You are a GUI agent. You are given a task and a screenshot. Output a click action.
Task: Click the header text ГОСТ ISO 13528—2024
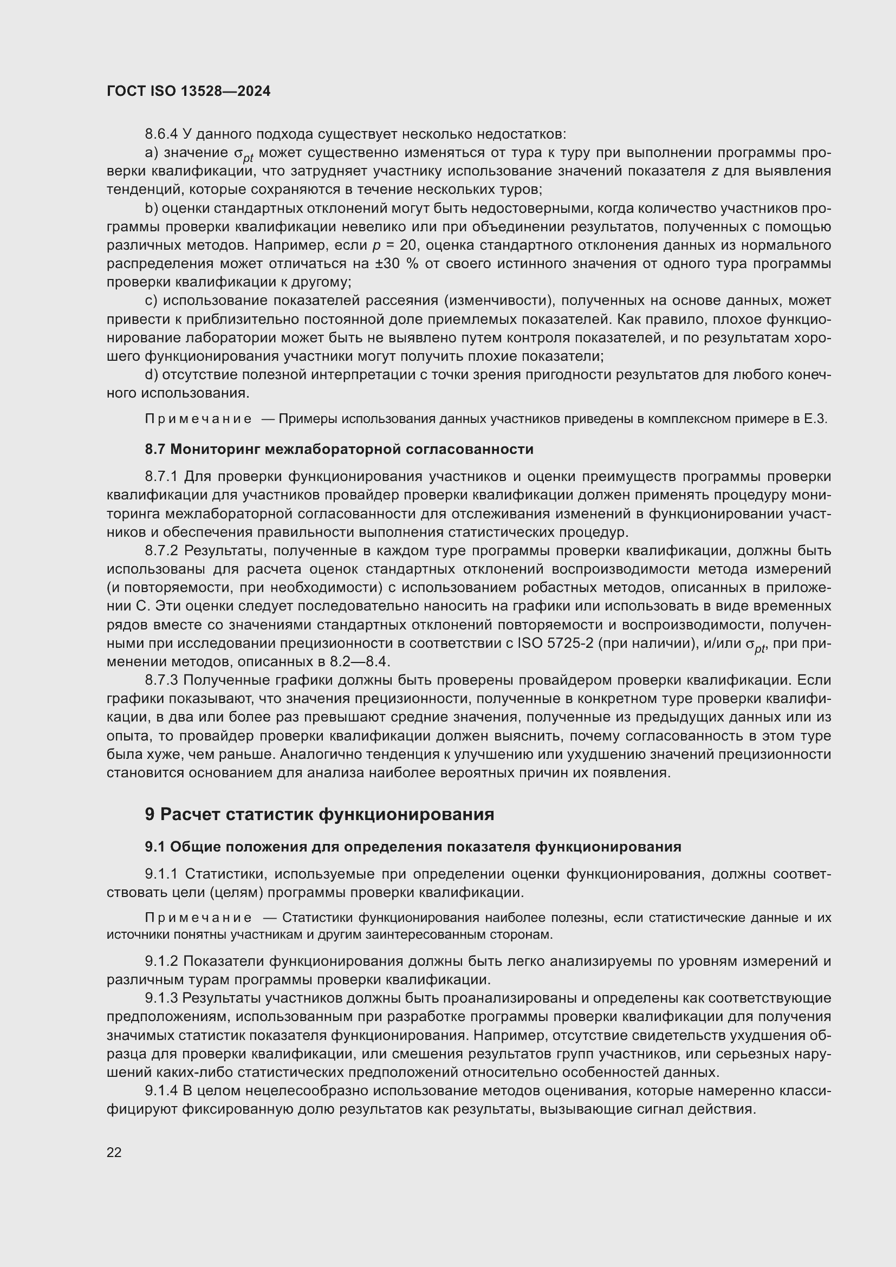(x=189, y=92)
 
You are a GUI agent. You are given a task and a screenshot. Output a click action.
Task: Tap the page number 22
(x=114, y=1152)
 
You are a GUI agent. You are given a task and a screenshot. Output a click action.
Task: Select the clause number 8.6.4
(x=160, y=134)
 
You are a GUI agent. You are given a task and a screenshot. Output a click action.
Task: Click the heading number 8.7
(x=155, y=449)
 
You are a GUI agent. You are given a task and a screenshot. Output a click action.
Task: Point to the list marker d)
(x=151, y=375)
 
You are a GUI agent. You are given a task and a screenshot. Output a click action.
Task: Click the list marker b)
(x=151, y=209)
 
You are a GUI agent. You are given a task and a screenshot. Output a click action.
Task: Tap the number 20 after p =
(x=407, y=245)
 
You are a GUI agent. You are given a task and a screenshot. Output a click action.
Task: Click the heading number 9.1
(x=155, y=847)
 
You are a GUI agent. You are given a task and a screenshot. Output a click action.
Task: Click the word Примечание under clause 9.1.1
(x=198, y=918)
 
